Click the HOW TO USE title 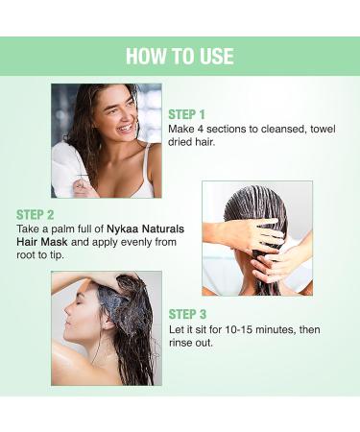pos(180,56)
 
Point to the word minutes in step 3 pos(289,331)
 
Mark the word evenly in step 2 pos(137,245)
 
